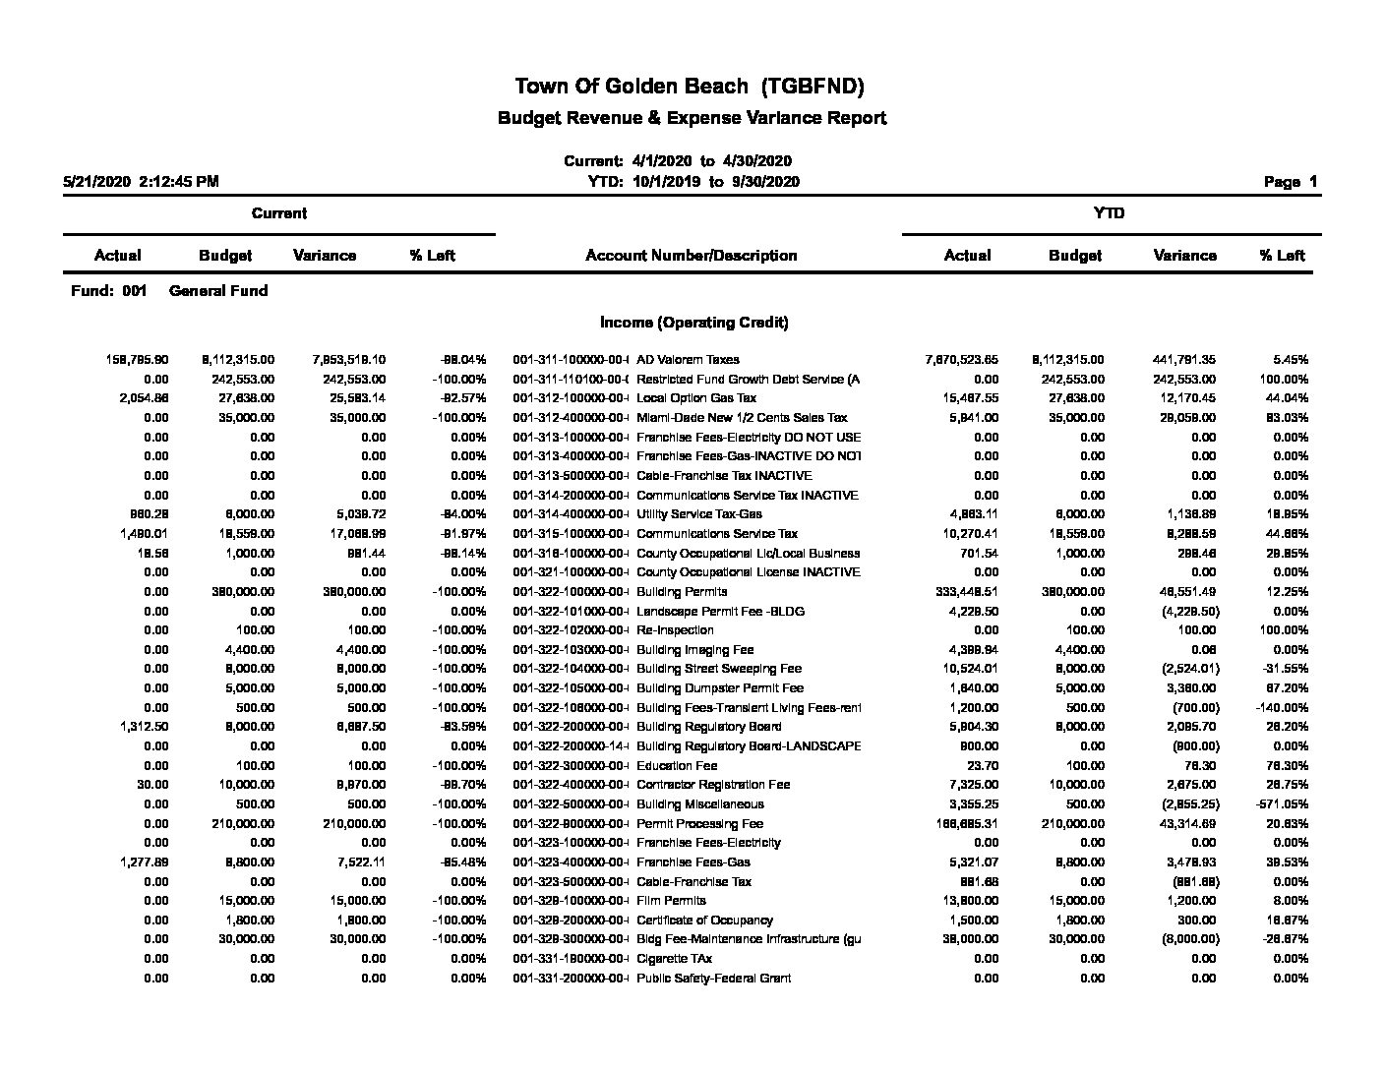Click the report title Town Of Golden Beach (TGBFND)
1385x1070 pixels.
pos(690,87)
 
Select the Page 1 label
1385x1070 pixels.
pos(1290,182)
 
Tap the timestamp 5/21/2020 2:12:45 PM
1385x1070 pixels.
pos(141,182)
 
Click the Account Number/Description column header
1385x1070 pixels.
pos(691,256)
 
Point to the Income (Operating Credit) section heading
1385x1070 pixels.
pos(693,323)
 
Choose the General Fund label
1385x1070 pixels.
pos(218,291)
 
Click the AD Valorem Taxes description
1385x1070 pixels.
pos(688,360)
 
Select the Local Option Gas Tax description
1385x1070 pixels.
pos(696,398)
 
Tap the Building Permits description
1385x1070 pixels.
pos(682,592)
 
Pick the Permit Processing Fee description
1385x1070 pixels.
pos(699,824)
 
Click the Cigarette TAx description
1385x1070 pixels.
pos(674,959)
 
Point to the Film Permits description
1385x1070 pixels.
pos(671,901)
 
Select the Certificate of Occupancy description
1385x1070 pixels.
pos(704,921)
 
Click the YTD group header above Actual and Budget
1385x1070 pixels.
pos(1109,213)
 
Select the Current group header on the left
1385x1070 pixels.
pos(278,213)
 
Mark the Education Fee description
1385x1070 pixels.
pos(677,766)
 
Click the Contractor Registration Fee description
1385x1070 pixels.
pos(713,785)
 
